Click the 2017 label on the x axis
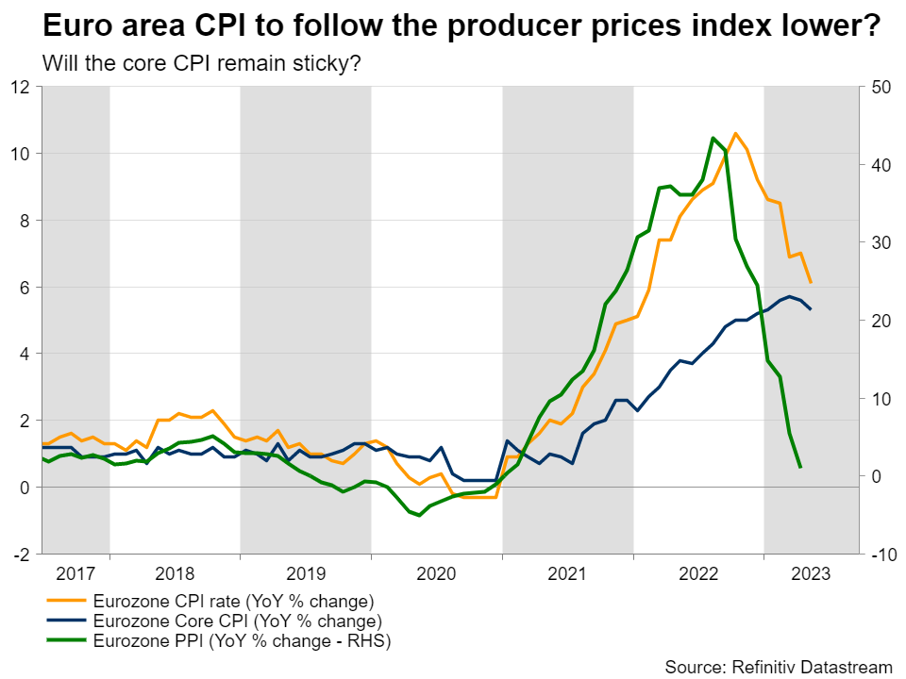click(x=75, y=572)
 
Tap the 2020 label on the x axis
click(x=436, y=572)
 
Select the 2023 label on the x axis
click(x=810, y=572)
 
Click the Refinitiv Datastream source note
click(x=779, y=667)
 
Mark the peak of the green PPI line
click(x=713, y=138)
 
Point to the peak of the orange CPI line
click(x=736, y=133)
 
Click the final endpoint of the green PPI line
click(x=800, y=467)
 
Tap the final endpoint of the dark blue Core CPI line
click(x=811, y=309)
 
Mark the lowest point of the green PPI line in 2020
click(x=419, y=515)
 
